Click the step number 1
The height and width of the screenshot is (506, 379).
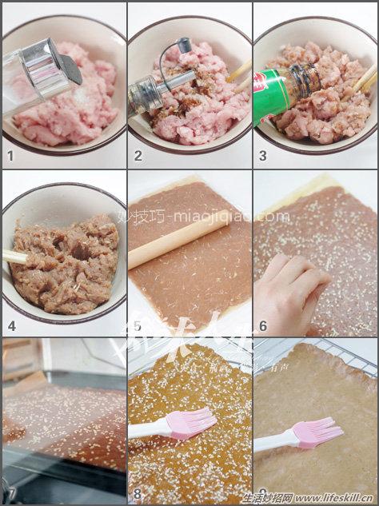[10, 156]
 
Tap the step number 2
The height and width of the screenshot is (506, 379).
[138, 156]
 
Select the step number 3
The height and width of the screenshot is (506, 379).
[262, 156]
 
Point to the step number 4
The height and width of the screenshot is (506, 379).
[11, 325]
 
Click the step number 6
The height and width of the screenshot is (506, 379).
[263, 325]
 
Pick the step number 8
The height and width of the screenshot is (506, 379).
[138, 494]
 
